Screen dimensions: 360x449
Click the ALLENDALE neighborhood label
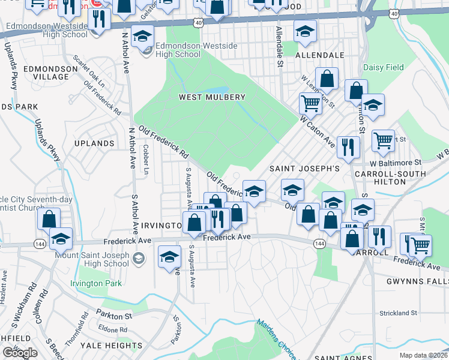click(x=320, y=55)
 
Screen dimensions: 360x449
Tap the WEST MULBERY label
click(x=212, y=97)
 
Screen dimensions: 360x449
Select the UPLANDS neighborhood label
click(x=94, y=144)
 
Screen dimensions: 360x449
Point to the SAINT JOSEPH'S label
click(x=304, y=169)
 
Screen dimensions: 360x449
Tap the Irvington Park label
click(x=96, y=283)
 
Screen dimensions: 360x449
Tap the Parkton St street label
click(x=112, y=316)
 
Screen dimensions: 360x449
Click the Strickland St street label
click(x=397, y=313)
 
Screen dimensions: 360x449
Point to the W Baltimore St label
click(x=396, y=163)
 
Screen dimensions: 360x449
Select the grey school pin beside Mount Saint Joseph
click(x=139, y=259)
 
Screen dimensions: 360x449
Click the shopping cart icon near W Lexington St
click(x=310, y=103)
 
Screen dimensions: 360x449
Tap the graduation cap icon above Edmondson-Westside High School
click(x=142, y=36)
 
